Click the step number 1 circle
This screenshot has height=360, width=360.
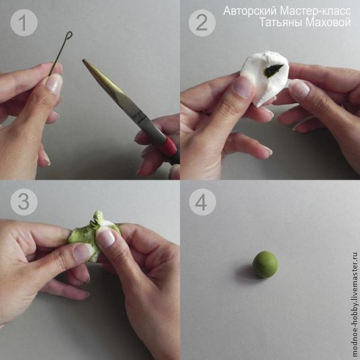(24, 23)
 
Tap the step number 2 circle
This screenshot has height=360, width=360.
(202, 23)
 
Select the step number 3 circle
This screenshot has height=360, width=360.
(24, 202)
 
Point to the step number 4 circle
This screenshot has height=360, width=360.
(202, 202)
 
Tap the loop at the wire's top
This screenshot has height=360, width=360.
(69, 35)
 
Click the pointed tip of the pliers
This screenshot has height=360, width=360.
(83, 60)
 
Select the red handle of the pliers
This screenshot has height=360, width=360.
(170, 146)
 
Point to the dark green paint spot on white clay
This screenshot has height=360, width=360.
(273, 70)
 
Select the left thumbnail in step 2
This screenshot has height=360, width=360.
(243, 87)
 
